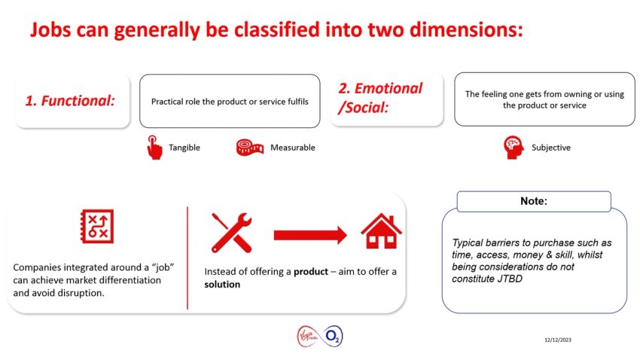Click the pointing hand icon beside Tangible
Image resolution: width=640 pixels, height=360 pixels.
(154, 148)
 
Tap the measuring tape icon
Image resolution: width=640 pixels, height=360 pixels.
(250, 148)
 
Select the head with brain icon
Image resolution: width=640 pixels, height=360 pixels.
(514, 148)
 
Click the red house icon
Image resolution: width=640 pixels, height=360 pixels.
(381, 231)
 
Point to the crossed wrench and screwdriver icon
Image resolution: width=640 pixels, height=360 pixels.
(231, 233)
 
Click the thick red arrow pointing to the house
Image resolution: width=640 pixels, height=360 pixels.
(310, 235)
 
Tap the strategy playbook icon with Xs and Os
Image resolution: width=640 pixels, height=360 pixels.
(97, 227)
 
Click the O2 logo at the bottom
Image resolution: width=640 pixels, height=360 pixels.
(333, 337)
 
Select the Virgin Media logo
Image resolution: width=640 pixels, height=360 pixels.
(309, 336)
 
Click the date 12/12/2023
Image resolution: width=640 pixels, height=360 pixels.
(558, 340)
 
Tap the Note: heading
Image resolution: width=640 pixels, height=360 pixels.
(534, 201)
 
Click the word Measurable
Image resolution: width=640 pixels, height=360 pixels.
(293, 148)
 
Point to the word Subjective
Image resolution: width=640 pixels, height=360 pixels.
(551, 148)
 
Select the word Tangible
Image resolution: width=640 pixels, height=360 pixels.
(184, 148)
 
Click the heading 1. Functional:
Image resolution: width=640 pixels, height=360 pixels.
(70, 101)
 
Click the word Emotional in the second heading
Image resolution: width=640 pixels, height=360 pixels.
(389, 88)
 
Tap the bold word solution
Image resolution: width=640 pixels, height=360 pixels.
(222, 284)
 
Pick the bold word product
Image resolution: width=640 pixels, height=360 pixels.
(311, 272)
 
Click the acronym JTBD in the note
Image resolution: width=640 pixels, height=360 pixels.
(510, 279)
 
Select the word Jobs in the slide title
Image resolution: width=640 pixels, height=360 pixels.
(50, 30)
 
